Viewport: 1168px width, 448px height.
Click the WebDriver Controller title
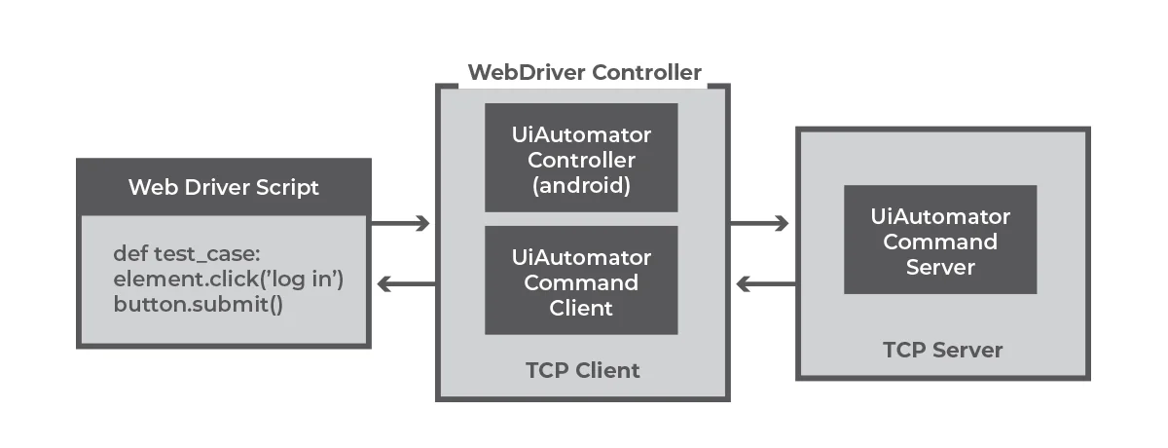click(584, 73)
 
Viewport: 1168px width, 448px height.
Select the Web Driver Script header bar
click(224, 187)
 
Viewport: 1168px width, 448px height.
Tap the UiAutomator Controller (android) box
click(581, 159)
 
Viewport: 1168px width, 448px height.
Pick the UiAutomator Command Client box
click(581, 281)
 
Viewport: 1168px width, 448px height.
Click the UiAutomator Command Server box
click(939, 241)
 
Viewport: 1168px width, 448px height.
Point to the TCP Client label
click(582, 370)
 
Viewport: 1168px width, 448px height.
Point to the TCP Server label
click(941, 350)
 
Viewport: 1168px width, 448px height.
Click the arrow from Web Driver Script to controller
click(401, 224)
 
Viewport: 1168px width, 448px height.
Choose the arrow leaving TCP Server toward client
click(765, 284)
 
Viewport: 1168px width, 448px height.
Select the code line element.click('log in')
click(229, 280)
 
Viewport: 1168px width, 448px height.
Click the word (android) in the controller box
click(581, 185)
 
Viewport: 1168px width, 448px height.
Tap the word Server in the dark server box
click(939, 266)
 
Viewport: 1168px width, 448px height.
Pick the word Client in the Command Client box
click(581, 308)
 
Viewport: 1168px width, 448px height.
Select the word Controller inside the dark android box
click(581, 160)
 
